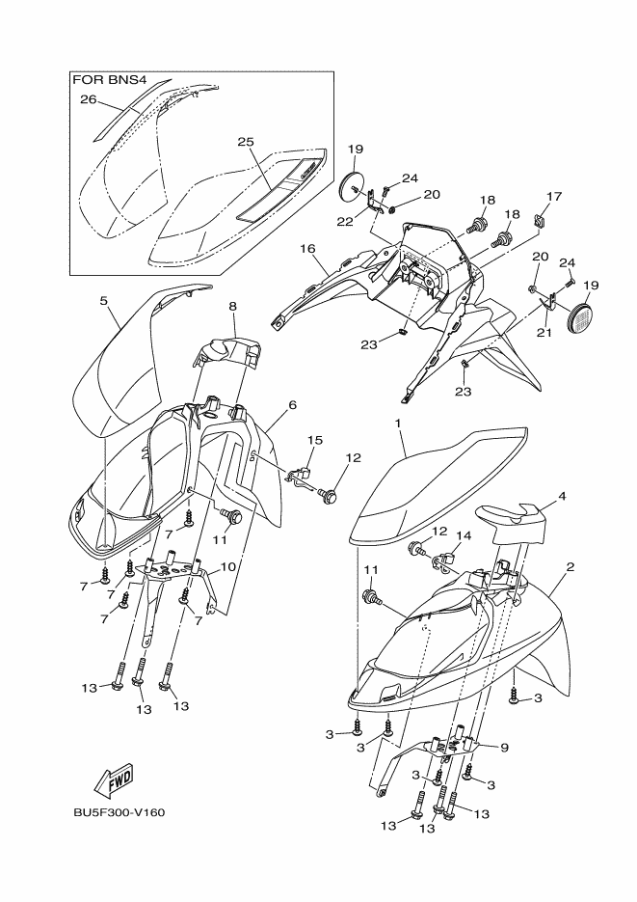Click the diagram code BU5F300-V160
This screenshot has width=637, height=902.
[119, 811]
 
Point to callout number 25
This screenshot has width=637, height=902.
[246, 142]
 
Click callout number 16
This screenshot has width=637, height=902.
[307, 248]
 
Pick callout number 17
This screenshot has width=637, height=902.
[553, 196]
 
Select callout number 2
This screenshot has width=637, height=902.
[570, 567]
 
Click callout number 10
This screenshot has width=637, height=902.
[227, 567]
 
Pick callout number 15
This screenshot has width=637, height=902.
[313, 440]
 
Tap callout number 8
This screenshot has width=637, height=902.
[232, 306]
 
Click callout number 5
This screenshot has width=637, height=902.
[103, 300]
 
